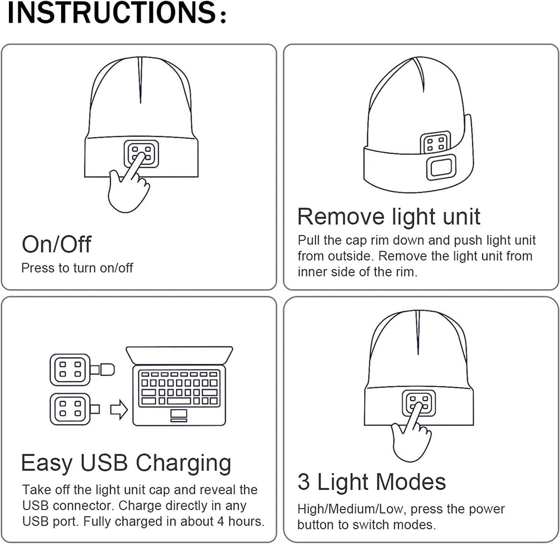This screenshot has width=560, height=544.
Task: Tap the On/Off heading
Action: tap(56, 244)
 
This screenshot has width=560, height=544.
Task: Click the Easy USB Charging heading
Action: tap(126, 463)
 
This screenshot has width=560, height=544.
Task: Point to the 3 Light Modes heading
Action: tap(371, 482)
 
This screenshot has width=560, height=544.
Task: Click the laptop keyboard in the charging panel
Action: tap(179, 388)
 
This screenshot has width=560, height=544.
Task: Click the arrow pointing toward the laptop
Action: tap(119, 410)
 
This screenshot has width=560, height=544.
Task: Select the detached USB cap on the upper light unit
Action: tap(106, 370)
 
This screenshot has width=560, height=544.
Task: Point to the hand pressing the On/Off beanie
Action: tap(127, 190)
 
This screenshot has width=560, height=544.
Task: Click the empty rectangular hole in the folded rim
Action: tap(441, 168)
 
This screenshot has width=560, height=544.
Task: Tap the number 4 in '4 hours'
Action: tap(220, 522)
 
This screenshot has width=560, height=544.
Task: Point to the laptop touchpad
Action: tap(179, 415)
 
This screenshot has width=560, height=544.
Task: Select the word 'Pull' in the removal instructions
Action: tap(309, 241)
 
